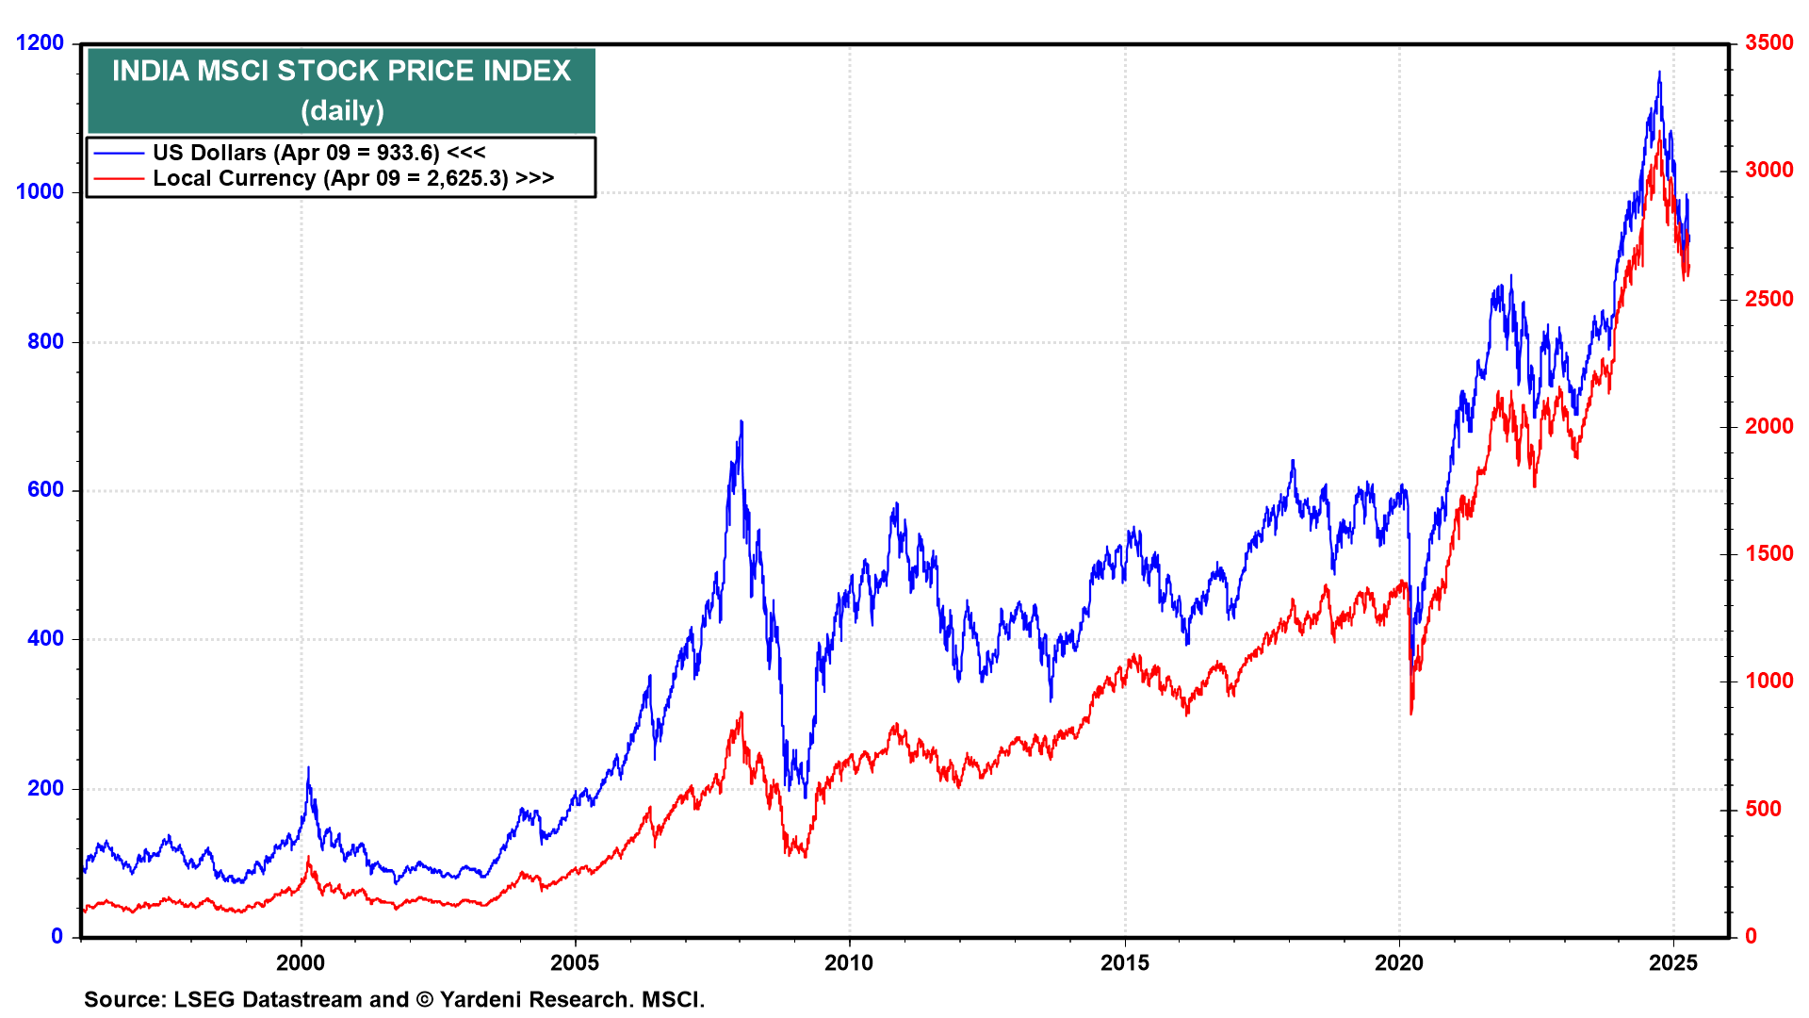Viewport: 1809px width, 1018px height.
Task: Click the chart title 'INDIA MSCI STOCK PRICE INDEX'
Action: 341,71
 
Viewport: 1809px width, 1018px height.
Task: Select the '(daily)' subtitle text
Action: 342,110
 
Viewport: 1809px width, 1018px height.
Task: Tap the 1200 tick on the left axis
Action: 40,42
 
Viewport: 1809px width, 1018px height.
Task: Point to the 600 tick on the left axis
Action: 45,489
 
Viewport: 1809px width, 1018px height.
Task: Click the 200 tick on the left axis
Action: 45,788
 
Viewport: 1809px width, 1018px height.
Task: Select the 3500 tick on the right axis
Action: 1768,42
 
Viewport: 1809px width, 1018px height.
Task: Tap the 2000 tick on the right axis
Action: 1768,426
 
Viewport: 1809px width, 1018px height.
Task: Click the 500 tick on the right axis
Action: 1763,809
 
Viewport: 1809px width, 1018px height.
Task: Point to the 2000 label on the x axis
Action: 301,962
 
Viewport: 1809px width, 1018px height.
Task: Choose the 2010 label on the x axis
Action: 849,962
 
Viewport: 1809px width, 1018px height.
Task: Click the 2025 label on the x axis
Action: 1673,962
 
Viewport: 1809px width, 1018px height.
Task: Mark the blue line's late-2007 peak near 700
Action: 742,421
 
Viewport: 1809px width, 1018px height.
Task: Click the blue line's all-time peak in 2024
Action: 1659,72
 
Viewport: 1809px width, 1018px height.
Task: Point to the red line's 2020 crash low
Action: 1410,714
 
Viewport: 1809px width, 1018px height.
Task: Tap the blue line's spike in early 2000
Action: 308,767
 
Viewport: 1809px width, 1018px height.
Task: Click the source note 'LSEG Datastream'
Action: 291,999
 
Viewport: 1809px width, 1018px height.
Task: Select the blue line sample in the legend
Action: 119,153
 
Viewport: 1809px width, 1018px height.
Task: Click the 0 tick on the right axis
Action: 1751,936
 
